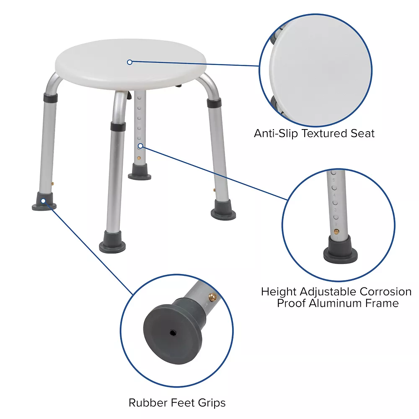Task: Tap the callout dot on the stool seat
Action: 129,62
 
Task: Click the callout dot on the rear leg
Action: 140,146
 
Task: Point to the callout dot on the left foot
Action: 43,201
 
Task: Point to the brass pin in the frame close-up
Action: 336,231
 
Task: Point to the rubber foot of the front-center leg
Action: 113,243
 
